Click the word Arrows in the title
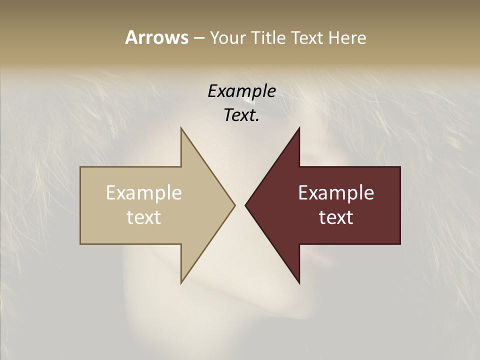(156, 37)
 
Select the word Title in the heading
(270, 38)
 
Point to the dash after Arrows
(198, 38)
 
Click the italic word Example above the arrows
(241, 91)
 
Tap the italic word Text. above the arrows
(241, 115)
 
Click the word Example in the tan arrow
(143, 193)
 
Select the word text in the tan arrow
(143, 217)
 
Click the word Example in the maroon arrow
(336, 193)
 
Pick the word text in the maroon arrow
(336, 217)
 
